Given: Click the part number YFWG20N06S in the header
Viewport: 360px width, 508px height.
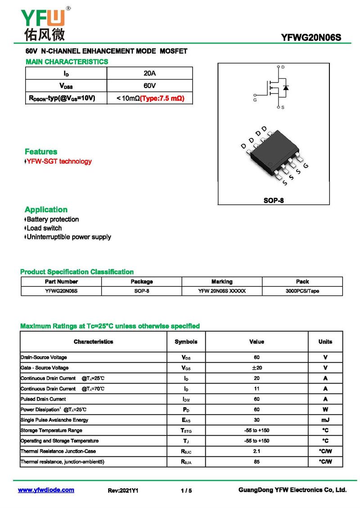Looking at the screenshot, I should tap(311, 38).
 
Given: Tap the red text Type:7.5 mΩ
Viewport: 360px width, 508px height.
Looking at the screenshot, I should tap(162, 98).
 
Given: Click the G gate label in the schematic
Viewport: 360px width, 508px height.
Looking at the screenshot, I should tap(255, 100).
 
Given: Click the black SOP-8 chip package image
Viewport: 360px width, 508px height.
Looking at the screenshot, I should tap(273, 155).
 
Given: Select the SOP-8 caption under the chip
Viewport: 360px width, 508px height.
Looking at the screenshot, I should tap(274, 201).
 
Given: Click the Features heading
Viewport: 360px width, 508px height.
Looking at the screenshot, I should tap(41, 152).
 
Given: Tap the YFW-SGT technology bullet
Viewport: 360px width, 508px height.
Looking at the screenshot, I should tap(58, 161).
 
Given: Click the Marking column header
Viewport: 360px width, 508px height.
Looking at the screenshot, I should tap(222, 282).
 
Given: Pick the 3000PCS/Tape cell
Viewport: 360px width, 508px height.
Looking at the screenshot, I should tap(302, 291).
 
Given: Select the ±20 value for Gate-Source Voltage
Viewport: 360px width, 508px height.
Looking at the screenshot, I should tap(256, 368).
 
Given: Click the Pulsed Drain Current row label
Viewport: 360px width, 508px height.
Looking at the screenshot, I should tap(43, 399).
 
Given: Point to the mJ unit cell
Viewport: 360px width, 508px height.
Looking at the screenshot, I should tap(325, 420).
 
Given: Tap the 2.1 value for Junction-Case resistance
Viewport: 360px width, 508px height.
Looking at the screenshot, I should tap(256, 451).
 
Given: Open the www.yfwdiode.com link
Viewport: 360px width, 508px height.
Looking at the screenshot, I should tap(46, 490).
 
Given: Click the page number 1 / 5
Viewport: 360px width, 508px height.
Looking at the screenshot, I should tap(186, 490).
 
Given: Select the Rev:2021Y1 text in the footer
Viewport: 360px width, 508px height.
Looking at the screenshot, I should tap(123, 490).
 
